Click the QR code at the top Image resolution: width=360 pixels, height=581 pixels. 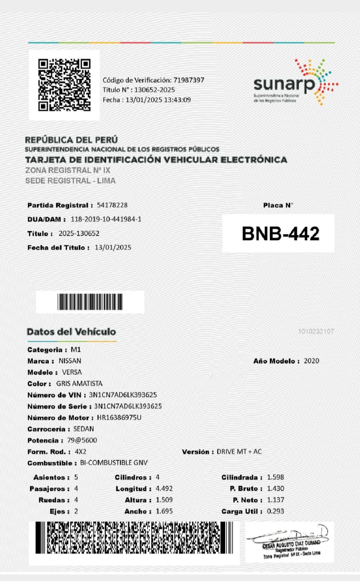(64, 85)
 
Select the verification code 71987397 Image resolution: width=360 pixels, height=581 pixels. (189, 80)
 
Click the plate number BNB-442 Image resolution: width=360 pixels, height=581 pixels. (280, 233)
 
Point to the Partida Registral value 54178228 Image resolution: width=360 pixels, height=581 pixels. (112, 205)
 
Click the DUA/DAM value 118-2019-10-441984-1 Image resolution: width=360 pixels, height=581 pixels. (106, 219)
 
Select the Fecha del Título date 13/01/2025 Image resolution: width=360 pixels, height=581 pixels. (113, 248)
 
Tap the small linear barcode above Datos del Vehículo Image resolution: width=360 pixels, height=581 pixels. (90, 302)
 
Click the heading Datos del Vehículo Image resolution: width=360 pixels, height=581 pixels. (71, 332)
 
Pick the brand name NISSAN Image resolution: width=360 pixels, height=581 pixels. (70, 361)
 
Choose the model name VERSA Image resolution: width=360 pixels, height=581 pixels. (72, 372)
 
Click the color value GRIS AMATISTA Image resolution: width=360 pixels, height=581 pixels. (79, 383)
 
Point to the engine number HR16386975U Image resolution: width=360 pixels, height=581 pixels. (119, 418)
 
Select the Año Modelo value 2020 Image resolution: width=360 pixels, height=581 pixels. (311, 361)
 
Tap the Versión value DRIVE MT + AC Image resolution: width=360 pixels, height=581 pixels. (239, 452)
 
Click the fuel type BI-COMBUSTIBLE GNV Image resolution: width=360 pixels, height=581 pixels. (114, 463)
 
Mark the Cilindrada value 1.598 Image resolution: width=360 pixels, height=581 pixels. (275, 477)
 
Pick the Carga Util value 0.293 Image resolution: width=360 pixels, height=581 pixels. (275, 511)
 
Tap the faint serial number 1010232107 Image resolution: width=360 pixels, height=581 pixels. (316, 331)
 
